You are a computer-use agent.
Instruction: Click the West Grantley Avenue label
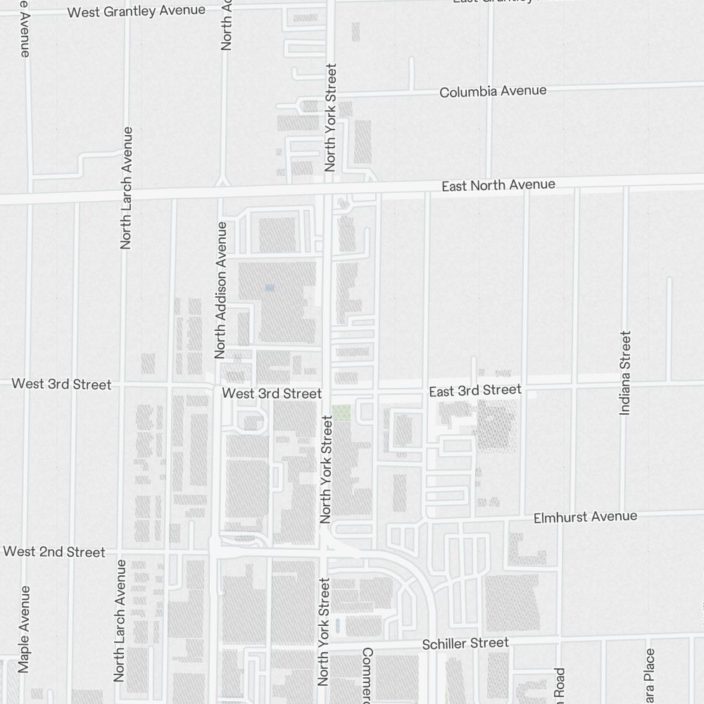(x=137, y=11)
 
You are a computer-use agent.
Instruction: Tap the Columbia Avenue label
(x=493, y=92)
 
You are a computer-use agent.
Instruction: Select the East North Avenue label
(x=498, y=185)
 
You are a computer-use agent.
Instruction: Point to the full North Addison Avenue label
(x=222, y=290)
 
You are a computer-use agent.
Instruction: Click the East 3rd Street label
(x=475, y=390)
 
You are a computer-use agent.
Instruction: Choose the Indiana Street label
(x=624, y=373)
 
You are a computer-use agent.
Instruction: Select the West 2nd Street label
(x=54, y=552)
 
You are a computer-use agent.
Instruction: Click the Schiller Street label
(x=465, y=643)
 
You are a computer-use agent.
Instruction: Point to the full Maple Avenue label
(x=25, y=629)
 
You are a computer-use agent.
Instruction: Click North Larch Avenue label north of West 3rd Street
(x=127, y=188)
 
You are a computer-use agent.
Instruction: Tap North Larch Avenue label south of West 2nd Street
(x=120, y=620)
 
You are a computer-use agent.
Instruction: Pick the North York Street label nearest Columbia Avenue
(x=331, y=118)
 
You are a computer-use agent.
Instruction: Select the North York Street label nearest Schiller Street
(x=324, y=632)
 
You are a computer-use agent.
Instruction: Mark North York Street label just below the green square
(x=326, y=470)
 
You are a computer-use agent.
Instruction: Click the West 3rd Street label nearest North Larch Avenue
(x=62, y=384)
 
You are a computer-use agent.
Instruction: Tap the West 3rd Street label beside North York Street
(x=272, y=394)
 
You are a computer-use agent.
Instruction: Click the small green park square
(x=341, y=413)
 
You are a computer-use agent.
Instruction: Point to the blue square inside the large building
(x=270, y=287)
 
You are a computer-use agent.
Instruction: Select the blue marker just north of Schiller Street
(x=338, y=624)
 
